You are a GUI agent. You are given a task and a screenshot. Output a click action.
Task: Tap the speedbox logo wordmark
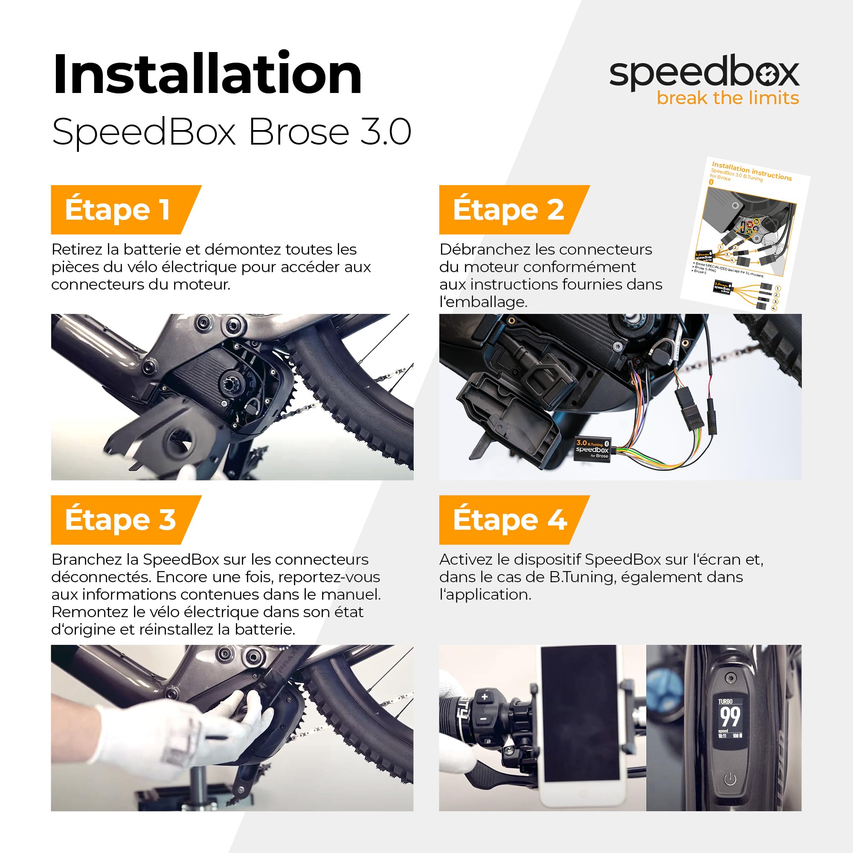tap(704, 73)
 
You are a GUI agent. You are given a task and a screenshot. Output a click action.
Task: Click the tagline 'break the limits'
tap(728, 98)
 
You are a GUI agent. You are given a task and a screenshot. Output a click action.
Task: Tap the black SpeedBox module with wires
tap(592, 450)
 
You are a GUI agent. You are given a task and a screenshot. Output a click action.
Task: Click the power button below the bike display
tap(730, 779)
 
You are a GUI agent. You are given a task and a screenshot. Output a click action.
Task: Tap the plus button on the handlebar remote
tap(485, 697)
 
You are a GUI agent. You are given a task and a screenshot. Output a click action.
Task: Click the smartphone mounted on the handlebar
tap(579, 724)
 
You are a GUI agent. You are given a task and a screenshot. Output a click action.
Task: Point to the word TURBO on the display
tap(725, 702)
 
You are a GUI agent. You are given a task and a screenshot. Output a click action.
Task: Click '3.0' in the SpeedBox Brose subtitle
tap(386, 131)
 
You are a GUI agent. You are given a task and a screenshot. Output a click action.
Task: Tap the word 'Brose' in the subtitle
tap(299, 131)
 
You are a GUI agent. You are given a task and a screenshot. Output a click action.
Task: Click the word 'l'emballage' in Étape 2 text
tap(483, 302)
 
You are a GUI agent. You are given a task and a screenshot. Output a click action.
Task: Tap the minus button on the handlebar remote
tap(484, 719)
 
